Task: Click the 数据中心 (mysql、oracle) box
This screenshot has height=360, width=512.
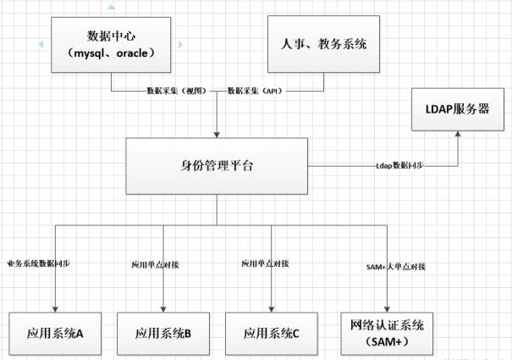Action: (112, 42)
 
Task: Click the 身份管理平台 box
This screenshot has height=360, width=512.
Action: (217, 165)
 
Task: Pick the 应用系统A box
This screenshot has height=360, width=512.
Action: (53, 333)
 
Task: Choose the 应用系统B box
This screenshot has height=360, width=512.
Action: (162, 333)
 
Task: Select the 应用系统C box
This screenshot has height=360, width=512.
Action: (271, 333)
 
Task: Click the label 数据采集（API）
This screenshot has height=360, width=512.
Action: (256, 90)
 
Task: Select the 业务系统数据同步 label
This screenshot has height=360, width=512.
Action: (37, 264)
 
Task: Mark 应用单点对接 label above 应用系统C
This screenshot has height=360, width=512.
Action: (265, 264)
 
